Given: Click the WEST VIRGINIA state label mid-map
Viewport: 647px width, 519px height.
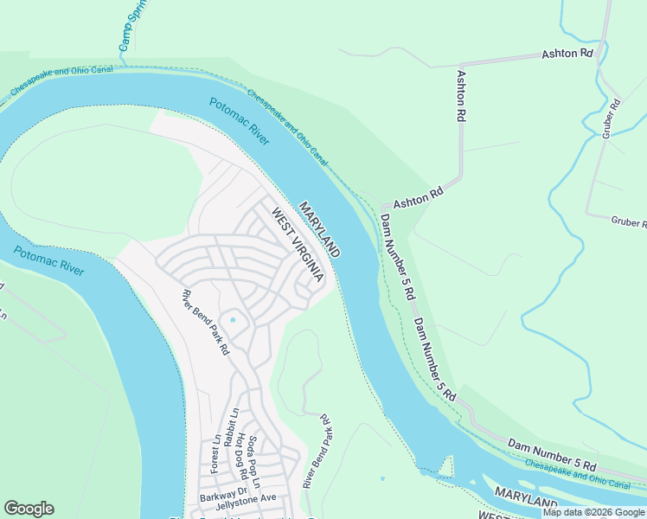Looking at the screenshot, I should tap(297, 245).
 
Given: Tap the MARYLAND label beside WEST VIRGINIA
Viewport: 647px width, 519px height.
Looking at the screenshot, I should tap(319, 229).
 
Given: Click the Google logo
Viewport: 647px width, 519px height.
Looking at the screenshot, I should tap(29, 509).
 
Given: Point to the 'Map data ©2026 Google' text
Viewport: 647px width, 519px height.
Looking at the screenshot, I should tap(593, 512).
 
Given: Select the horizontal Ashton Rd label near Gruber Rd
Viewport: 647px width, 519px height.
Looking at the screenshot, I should tap(567, 54).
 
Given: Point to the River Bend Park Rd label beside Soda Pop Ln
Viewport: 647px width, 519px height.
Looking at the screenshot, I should tap(317, 451).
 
